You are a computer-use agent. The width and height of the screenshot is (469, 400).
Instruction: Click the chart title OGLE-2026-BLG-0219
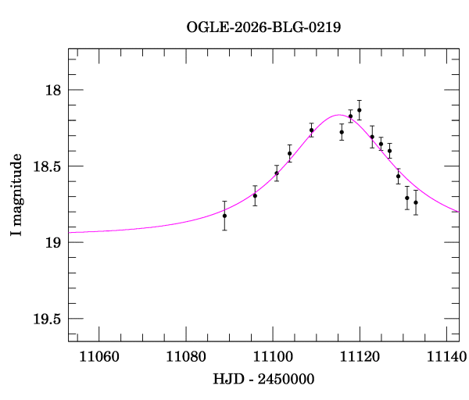click(x=263, y=27)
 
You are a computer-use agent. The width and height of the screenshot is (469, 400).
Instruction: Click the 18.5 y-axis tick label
click(x=47, y=166)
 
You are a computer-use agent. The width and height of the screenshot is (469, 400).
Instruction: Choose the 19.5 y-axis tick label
click(x=47, y=319)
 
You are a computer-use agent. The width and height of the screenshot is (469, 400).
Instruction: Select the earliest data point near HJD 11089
click(x=224, y=216)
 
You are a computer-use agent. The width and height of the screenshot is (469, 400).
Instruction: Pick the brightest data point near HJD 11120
click(x=359, y=110)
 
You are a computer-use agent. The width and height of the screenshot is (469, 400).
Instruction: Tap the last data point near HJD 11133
click(x=416, y=202)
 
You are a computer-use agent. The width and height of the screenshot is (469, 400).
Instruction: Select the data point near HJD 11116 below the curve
click(x=342, y=132)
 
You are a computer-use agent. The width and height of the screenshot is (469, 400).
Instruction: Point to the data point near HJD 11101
click(x=277, y=173)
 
